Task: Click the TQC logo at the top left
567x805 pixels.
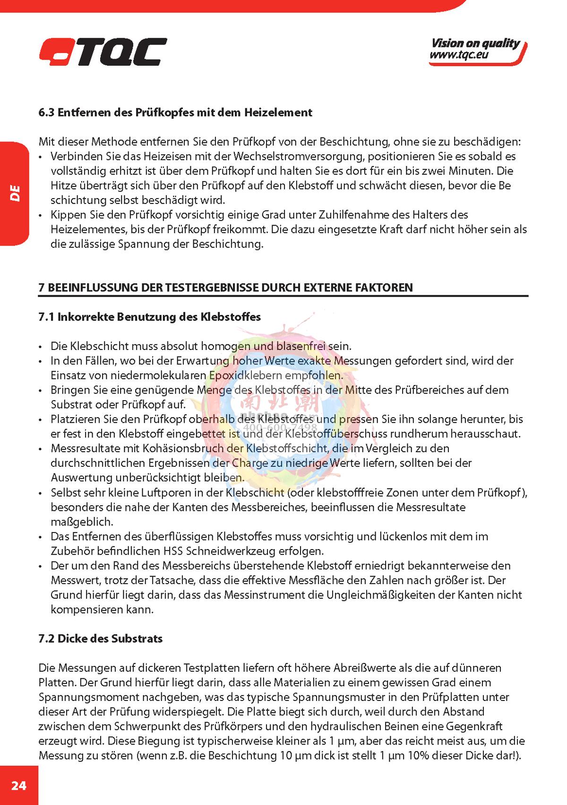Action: coord(103,52)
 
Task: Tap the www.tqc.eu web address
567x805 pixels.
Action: coord(459,55)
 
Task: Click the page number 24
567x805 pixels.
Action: coord(19,786)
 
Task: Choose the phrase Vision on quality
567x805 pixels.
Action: coord(475,44)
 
